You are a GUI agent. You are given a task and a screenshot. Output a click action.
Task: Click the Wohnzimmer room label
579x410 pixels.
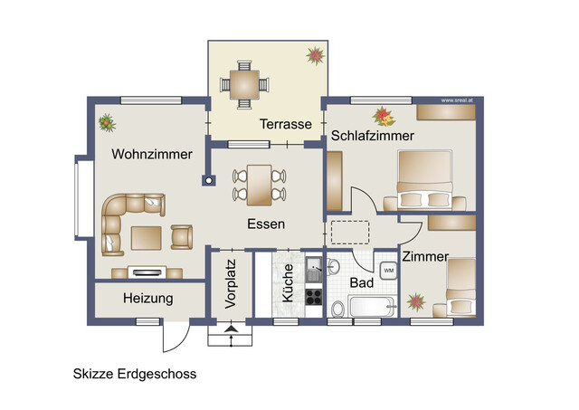[x=152, y=155]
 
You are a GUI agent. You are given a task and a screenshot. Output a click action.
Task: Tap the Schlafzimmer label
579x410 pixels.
[x=372, y=136]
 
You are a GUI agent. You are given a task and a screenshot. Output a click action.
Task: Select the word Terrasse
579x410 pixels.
[x=286, y=124]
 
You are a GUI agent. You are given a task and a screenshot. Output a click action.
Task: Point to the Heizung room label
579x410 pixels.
[x=147, y=298]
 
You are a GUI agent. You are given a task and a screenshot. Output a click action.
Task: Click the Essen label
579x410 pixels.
[x=266, y=224]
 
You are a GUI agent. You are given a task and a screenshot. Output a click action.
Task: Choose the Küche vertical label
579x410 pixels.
[x=288, y=283]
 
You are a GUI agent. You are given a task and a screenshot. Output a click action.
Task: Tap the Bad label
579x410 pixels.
[x=362, y=283]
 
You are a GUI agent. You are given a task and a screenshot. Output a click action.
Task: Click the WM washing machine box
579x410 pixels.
[x=388, y=270]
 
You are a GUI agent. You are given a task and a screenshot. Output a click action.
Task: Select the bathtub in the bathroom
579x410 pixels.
[x=369, y=309]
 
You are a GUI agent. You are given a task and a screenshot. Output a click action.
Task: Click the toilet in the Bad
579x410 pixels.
[x=337, y=310]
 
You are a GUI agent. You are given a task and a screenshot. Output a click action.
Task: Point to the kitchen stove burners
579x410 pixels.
[x=314, y=296]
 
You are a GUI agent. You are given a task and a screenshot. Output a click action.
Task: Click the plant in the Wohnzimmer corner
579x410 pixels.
[x=106, y=120]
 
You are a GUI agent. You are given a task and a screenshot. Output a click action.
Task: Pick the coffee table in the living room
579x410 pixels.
[x=147, y=238]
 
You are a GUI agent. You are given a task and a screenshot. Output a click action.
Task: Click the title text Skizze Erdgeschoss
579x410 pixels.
[x=134, y=373]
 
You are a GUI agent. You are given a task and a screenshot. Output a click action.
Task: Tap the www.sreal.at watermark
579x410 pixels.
[x=459, y=100]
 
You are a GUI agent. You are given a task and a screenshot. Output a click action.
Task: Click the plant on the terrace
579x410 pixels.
[x=315, y=56]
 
